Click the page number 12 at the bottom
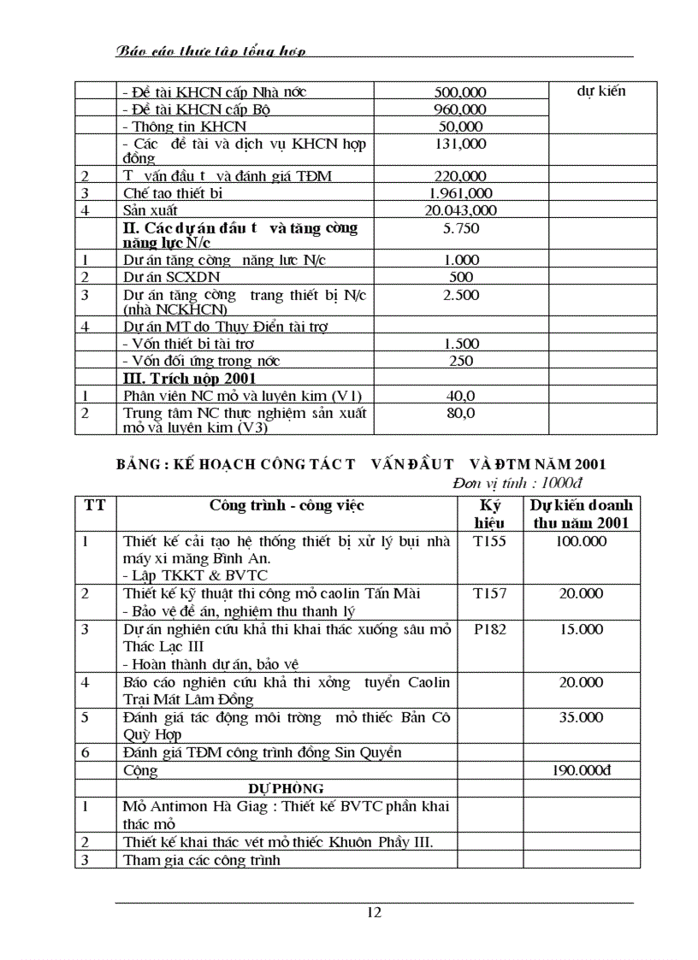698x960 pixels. (374, 912)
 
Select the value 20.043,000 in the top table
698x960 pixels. (461, 210)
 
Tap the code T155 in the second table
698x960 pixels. (490, 541)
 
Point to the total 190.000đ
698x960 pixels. (582, 770)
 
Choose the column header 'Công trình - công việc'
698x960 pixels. (287, 505)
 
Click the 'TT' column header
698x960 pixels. (95, 505)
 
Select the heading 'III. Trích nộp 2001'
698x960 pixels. (190, 378)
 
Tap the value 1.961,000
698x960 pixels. (461, 193)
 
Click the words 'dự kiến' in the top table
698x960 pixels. (602, 91)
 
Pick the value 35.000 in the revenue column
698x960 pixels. (582, 717)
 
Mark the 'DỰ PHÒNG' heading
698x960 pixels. (287, 788)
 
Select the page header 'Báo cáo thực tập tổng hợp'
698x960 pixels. (210, 51)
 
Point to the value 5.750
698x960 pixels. (461, 228)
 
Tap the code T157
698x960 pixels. (490, 593)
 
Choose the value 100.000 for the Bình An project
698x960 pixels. (582, 541)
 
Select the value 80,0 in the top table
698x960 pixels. (461, 413)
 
